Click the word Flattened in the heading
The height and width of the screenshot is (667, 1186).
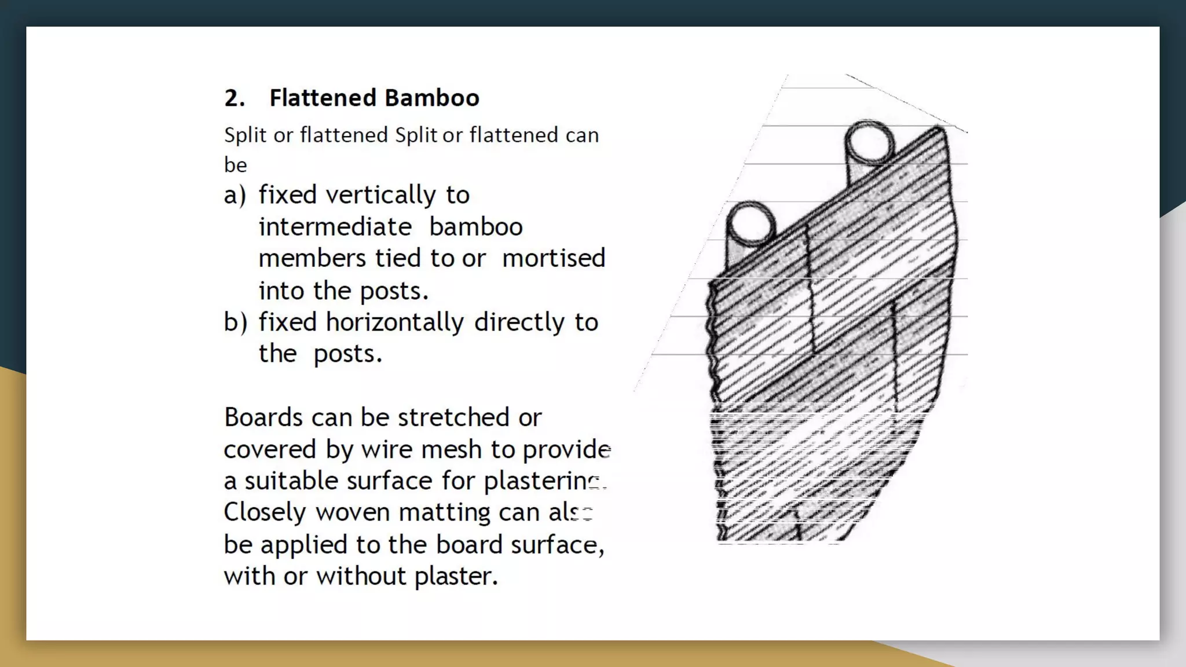(x=323, y=98)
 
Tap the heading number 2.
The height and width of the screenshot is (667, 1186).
(x=234, y=98)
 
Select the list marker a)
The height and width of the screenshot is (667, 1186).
(x=235, y=195)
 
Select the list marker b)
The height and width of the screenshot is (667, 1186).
(x=235, y=322)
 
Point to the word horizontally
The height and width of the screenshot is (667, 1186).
(x=394, y=322)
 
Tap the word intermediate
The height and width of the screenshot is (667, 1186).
(x=335, y=227)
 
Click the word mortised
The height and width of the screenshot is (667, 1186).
(x=553, y=258)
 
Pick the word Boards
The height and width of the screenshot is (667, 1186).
(x=263, y=417)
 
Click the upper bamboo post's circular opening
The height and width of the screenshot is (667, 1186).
(x=869, y=141)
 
